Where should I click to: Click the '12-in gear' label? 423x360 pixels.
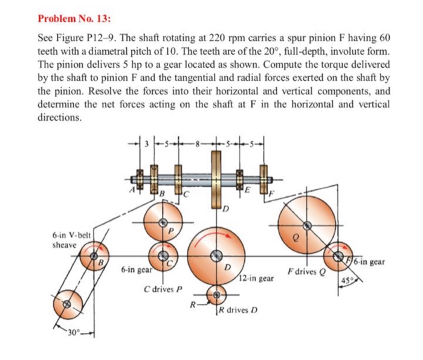(x=257, y=279)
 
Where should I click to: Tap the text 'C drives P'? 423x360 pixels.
(x=162, y=288)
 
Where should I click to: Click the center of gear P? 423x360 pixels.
(x=162, y=223)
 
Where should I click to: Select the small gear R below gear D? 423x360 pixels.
(x=216, y=295)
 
